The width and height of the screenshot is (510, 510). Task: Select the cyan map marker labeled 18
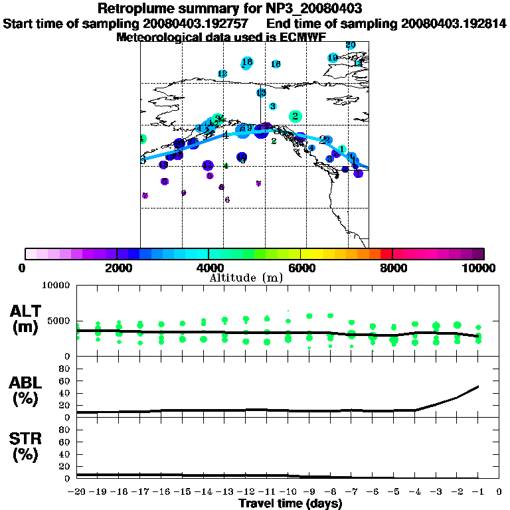point(247,62)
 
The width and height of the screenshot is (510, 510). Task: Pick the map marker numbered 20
point(351,45)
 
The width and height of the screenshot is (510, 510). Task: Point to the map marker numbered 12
point(222,74)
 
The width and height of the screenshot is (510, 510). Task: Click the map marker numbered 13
point(261,93)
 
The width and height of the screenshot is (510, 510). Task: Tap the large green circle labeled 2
point(295,116)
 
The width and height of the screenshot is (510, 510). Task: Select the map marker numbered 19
point(333,58)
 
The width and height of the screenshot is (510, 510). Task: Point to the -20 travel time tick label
point(77,492)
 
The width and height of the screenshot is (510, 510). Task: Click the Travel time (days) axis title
point(290,504)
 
